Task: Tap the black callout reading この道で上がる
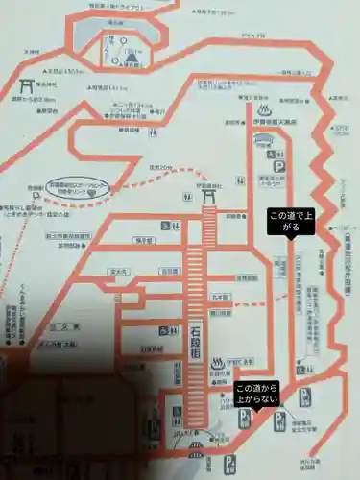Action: [x=290, y=223]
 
